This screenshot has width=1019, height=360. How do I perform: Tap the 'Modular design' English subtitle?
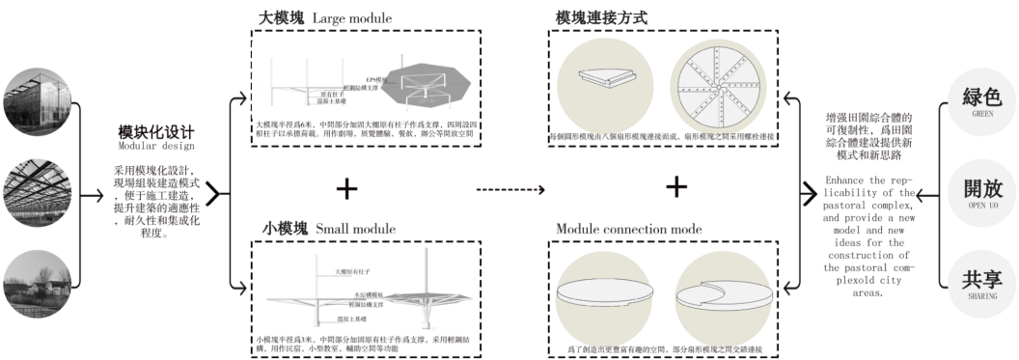point(156,146)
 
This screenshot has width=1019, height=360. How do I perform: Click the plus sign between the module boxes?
point(347,185)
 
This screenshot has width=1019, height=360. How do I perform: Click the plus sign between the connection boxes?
point(677,185)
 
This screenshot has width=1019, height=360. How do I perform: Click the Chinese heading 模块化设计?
point(156,131)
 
